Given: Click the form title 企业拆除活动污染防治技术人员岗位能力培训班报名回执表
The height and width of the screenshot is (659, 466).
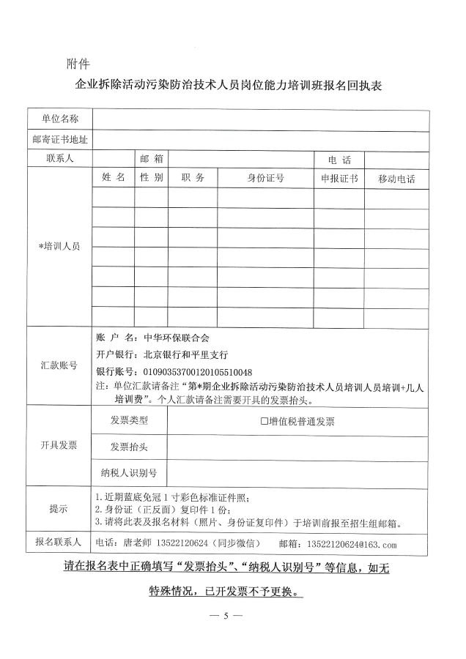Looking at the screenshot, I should pyautogui.click(x=232, y=85).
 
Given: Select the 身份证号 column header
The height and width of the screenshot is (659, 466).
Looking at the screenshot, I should pyautogui.click(x=265, y=178).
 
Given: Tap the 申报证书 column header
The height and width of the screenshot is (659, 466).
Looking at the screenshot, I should pyautogui.click(x=339, y=178).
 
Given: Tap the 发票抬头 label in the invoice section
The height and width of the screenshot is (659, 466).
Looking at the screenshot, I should pyautogui.click(x=129, y=447).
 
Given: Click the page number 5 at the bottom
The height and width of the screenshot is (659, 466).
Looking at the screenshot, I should pyautogui.click(x=227, y=615).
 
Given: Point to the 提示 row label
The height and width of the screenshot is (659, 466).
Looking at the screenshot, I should pyautogui.click(x=59, y=509).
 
